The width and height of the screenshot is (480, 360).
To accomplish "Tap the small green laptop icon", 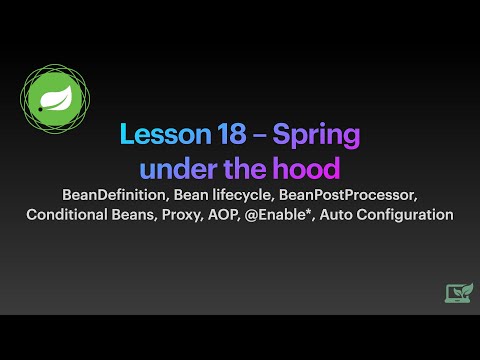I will pos(459,292).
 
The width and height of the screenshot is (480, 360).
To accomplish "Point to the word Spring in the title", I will pos(315,135).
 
